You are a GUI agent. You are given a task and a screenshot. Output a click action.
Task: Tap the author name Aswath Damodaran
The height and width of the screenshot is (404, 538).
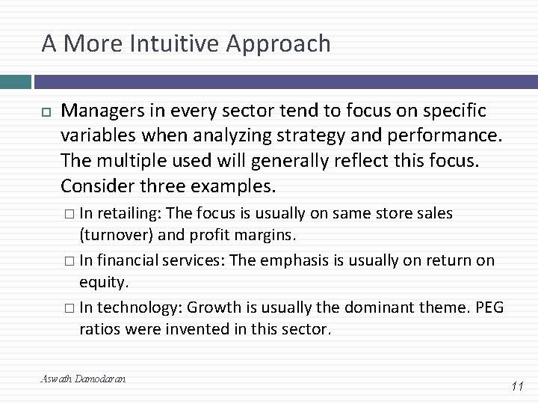(83, 379)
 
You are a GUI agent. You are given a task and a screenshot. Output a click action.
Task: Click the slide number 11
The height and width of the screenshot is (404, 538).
(516, 386)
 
